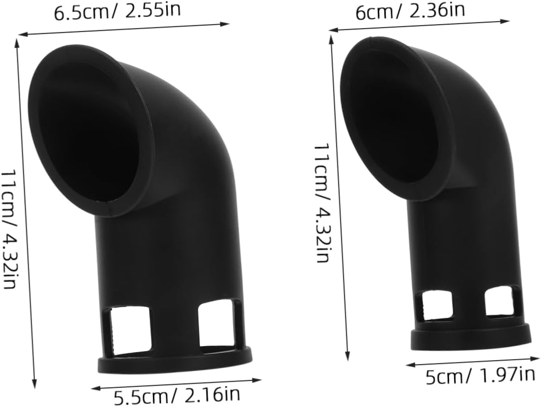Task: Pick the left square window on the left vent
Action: [130, 328]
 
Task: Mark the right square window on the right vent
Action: [499, 301]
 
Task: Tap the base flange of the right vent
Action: [471, 336]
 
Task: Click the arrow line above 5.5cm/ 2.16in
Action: [177, 384]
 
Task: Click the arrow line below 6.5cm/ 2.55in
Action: [124, 29]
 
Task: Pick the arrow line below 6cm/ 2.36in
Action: [419, 26]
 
